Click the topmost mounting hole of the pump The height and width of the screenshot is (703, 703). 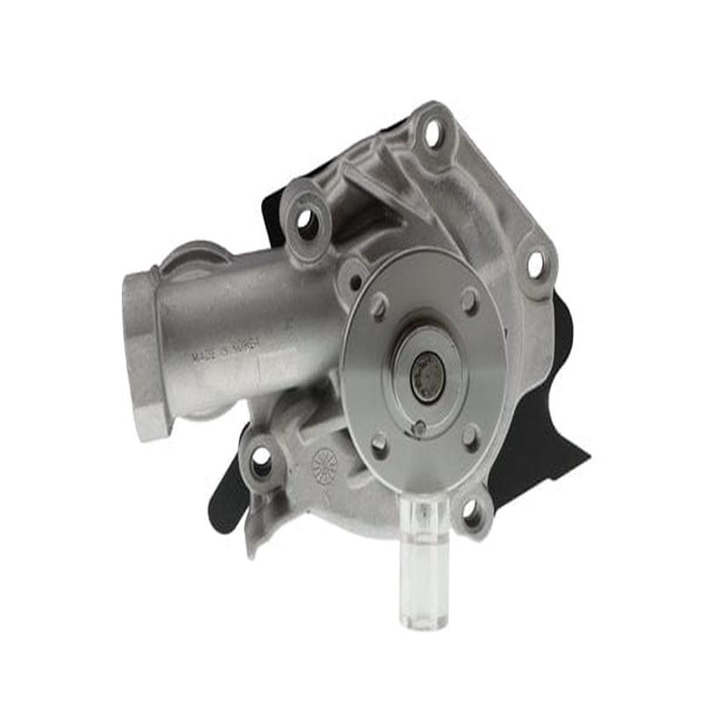coord(432,134)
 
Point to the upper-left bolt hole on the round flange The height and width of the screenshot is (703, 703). coord(380,305)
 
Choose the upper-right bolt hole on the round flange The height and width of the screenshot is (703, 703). coord(470,301)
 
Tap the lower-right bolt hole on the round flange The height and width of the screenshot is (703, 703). coord(471,435)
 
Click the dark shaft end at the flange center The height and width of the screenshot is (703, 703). coord(428,376)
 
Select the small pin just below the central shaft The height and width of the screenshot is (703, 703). coord(420,428)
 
